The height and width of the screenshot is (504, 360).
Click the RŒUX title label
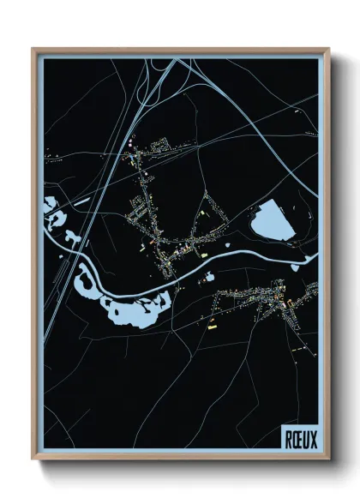click(300, 440)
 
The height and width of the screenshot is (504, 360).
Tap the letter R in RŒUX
click(289, 440)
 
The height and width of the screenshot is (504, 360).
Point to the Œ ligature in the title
click(297, 440)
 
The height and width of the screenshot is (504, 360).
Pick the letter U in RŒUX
click(305, 440)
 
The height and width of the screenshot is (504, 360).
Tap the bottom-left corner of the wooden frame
click(33, 460)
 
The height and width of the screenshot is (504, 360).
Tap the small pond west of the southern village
click(209, 277)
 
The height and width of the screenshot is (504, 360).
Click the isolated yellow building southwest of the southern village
click(213, 327)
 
